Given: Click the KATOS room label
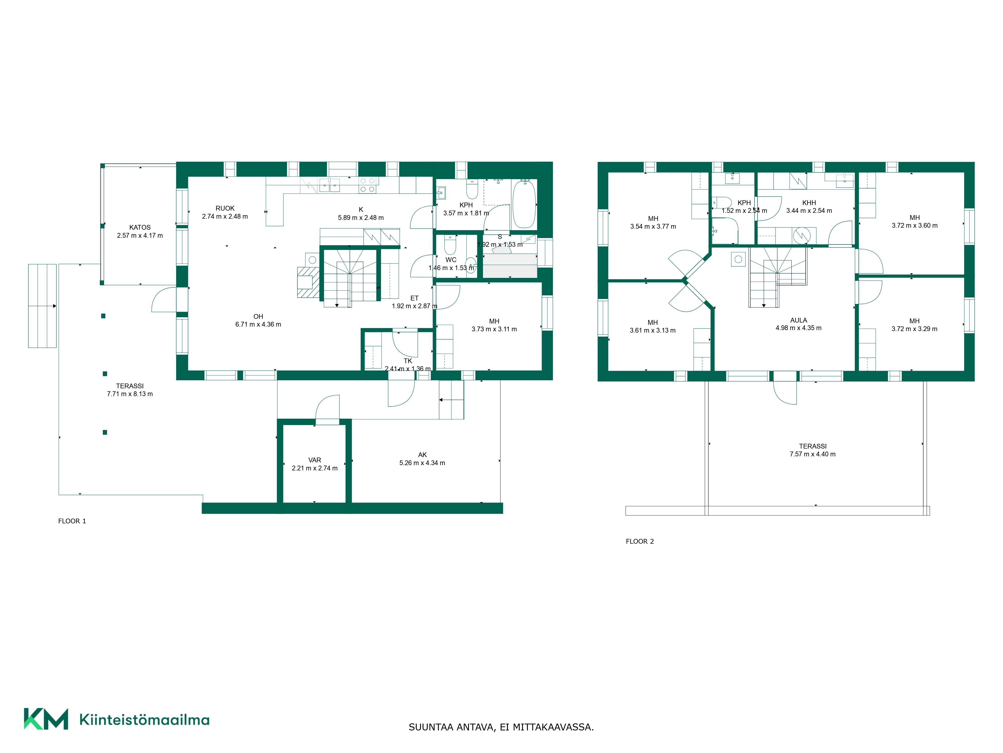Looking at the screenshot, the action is (x=140, y=227).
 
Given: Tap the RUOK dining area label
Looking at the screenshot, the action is (x=225, y=208).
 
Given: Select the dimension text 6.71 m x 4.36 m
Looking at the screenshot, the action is (x=258, y=325).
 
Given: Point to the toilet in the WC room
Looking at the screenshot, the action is (x=450, y=245).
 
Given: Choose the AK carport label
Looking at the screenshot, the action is (x=422, y=455).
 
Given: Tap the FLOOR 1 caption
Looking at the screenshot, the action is (x=72, y=521).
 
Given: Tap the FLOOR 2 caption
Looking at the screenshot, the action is (x=640, y=541).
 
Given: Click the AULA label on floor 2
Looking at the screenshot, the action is (x=798, y=320).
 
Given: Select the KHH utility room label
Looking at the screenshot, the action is (x=809, y=203).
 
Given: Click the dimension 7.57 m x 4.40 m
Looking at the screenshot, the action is (x=813, y=454).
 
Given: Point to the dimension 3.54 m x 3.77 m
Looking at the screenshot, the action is (x=653, y=226).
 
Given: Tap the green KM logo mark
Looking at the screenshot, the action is (x=46, y=719).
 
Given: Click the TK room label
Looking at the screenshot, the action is (x=408, y=361).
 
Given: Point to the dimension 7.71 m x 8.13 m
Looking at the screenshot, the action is (x=130, y=394).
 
